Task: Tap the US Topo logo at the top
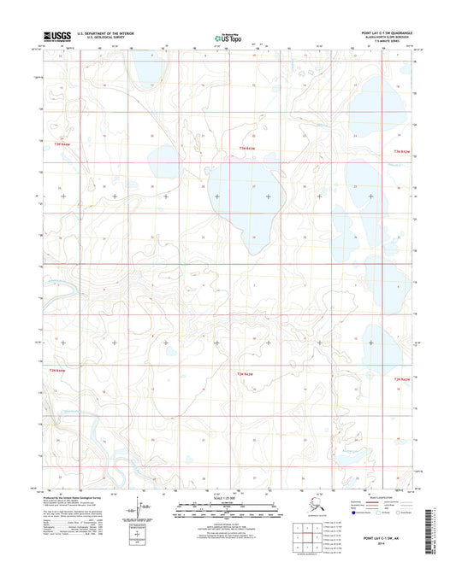[228, 38]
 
